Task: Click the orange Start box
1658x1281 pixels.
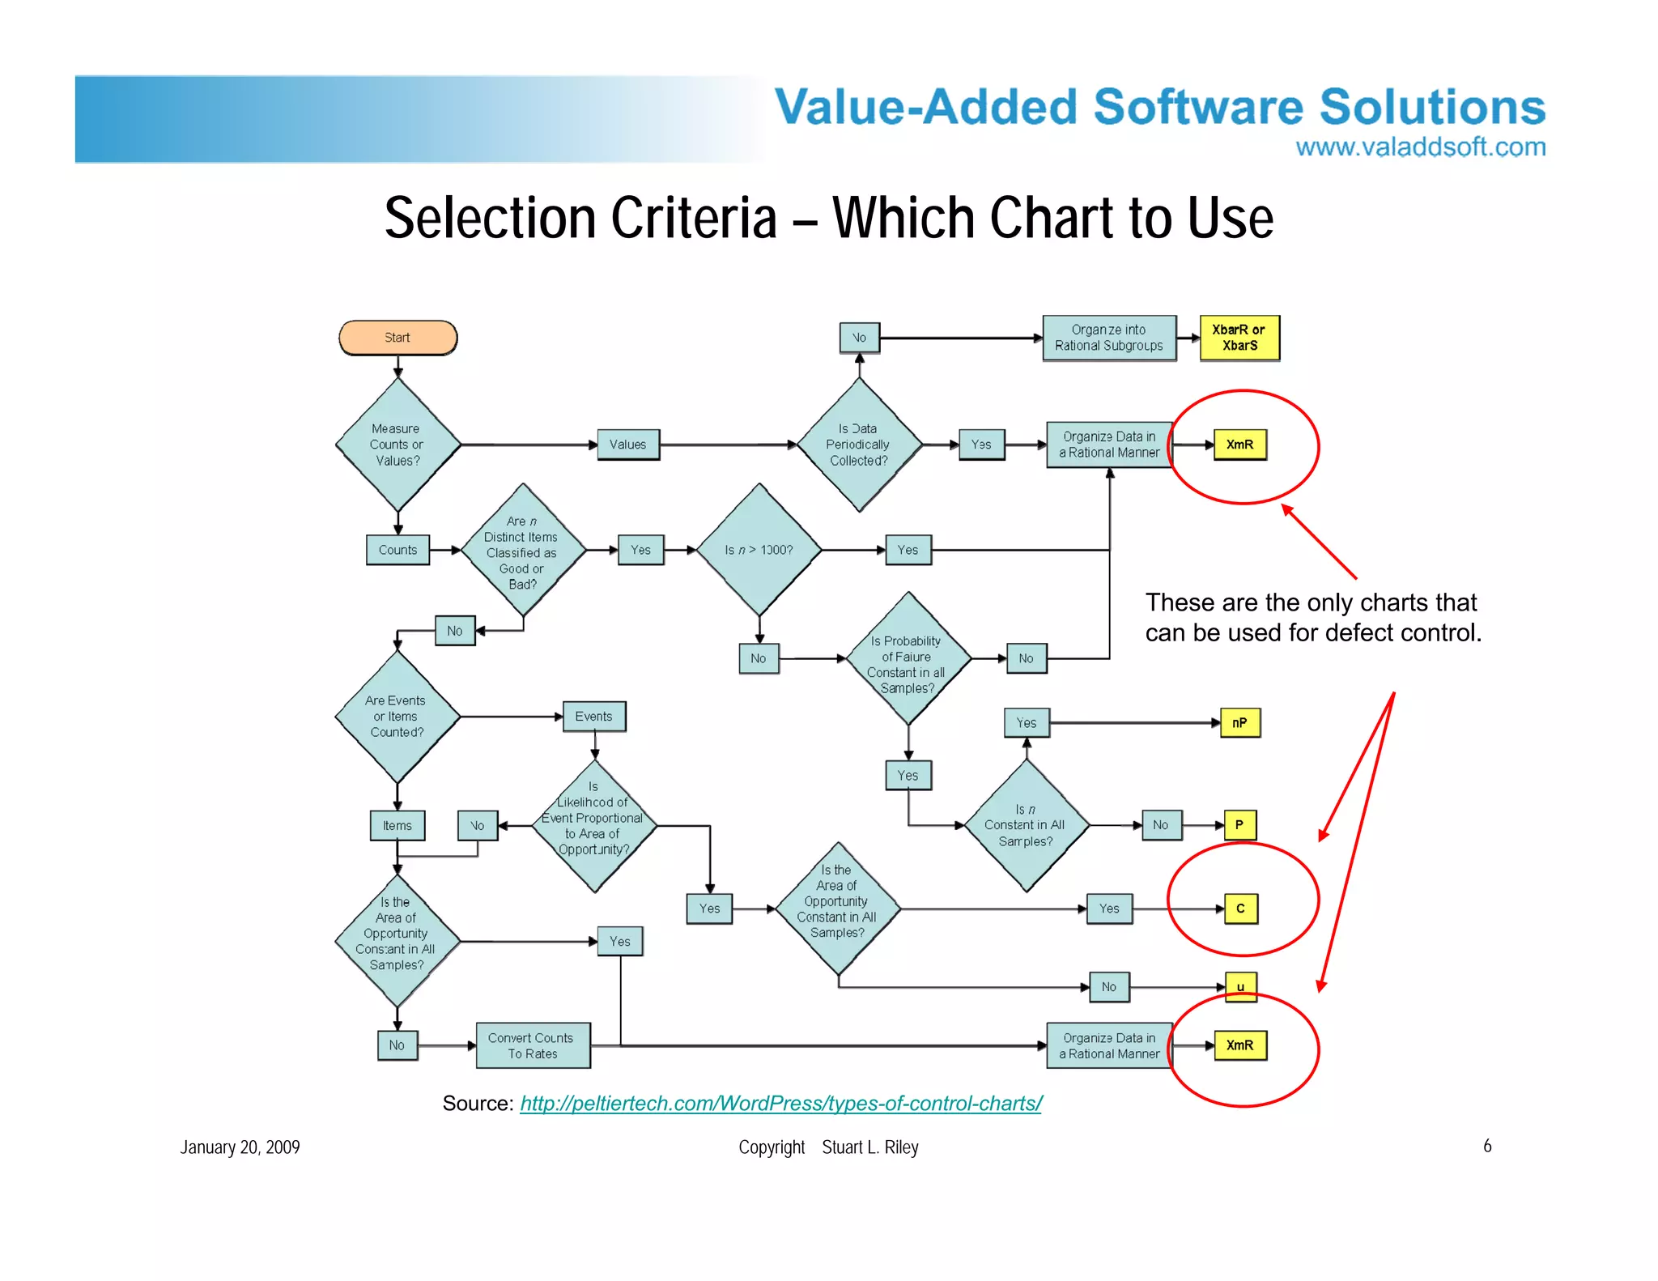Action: [x=397, y=338]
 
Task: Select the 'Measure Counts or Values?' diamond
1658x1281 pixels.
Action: [x=397, y=445]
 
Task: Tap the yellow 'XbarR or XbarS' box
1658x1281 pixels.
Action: [x=1239, y=338]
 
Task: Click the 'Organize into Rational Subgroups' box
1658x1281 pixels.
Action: [x=1108, y=338]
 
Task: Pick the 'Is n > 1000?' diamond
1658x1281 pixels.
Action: [x=759, y=550]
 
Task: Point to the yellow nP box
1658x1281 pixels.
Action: [x=1239, y=723]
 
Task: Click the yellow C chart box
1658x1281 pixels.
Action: [x=1240, y=909]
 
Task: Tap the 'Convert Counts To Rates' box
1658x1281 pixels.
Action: [x=532, y=1045]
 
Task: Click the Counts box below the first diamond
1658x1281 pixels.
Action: [x=397, y=550]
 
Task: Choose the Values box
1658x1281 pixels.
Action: [x=628, y=445]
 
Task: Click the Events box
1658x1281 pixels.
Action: [x=594, y=717]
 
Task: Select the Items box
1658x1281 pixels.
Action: [x=397, y=826]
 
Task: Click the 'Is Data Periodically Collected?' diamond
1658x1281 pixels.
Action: [x=859, y=445]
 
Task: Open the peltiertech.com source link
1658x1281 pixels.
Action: [x=780, y=1104]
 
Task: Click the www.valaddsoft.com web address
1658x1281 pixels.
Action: [x=1420, y=147]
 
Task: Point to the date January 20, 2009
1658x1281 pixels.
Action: [x=240, y=1147]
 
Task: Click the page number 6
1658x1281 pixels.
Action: [x=1487, y=1146]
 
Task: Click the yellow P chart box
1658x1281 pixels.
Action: [x=1239, y=825]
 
